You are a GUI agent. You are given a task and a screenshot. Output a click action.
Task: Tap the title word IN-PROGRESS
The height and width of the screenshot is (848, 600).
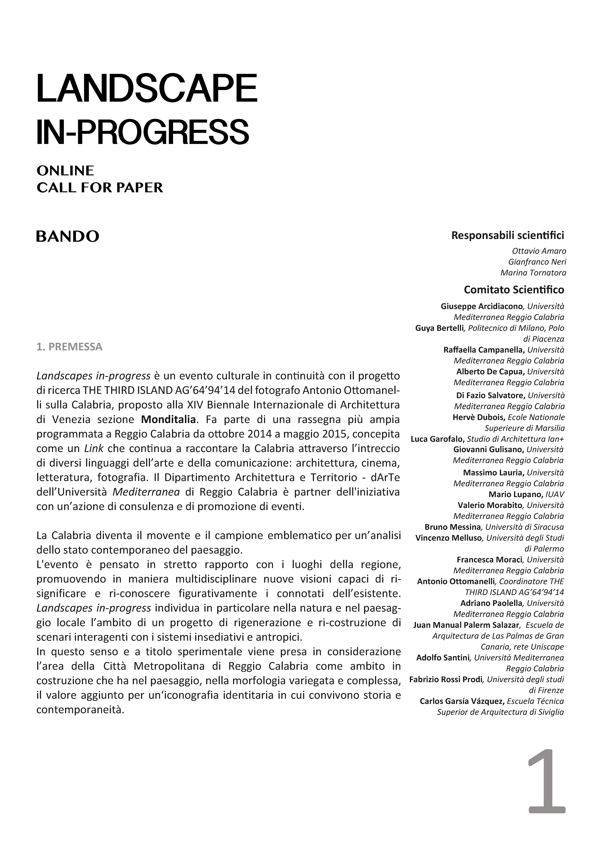coord(143,132)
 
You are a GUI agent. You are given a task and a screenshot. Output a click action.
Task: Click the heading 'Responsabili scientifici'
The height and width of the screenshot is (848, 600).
coord(508,235)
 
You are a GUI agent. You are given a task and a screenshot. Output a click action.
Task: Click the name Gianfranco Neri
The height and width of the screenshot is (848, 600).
coord(537,262)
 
